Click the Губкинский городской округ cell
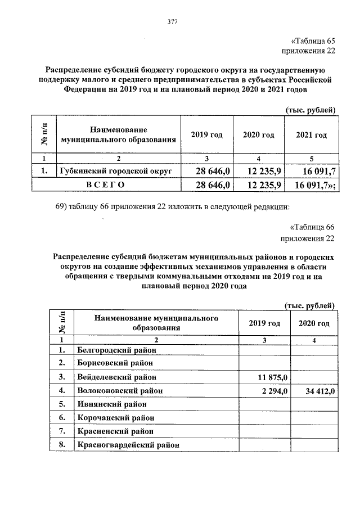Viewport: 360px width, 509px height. click(116, 169)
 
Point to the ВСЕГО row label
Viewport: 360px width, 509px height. click(105, 184)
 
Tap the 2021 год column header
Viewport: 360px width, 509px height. click(311, 135)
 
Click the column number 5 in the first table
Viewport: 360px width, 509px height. click(311, 157)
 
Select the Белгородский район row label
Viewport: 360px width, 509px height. click(115, 350)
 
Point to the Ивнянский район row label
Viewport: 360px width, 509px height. click(111, 404)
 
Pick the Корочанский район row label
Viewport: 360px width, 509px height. click(115, 418)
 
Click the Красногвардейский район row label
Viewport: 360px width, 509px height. click(126, 445)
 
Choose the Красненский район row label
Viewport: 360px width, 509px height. click(114, 431)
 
